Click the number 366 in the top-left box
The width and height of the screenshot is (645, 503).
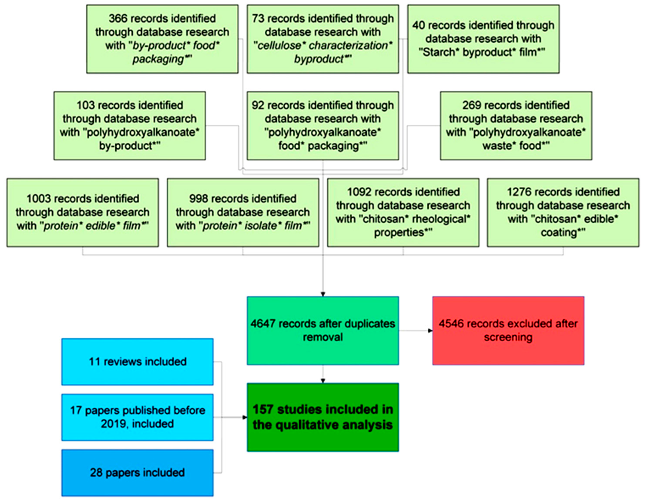click(x=118, y=19)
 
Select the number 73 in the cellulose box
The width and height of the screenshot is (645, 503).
click(x=258, y=19)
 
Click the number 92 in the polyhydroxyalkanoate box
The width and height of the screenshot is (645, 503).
click(x=258, y=105)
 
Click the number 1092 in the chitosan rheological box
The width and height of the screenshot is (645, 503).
click(x=359, y=192)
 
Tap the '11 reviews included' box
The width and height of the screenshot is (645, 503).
click(x=137, y=362)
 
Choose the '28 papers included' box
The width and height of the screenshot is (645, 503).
click(x=137, y=472)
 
